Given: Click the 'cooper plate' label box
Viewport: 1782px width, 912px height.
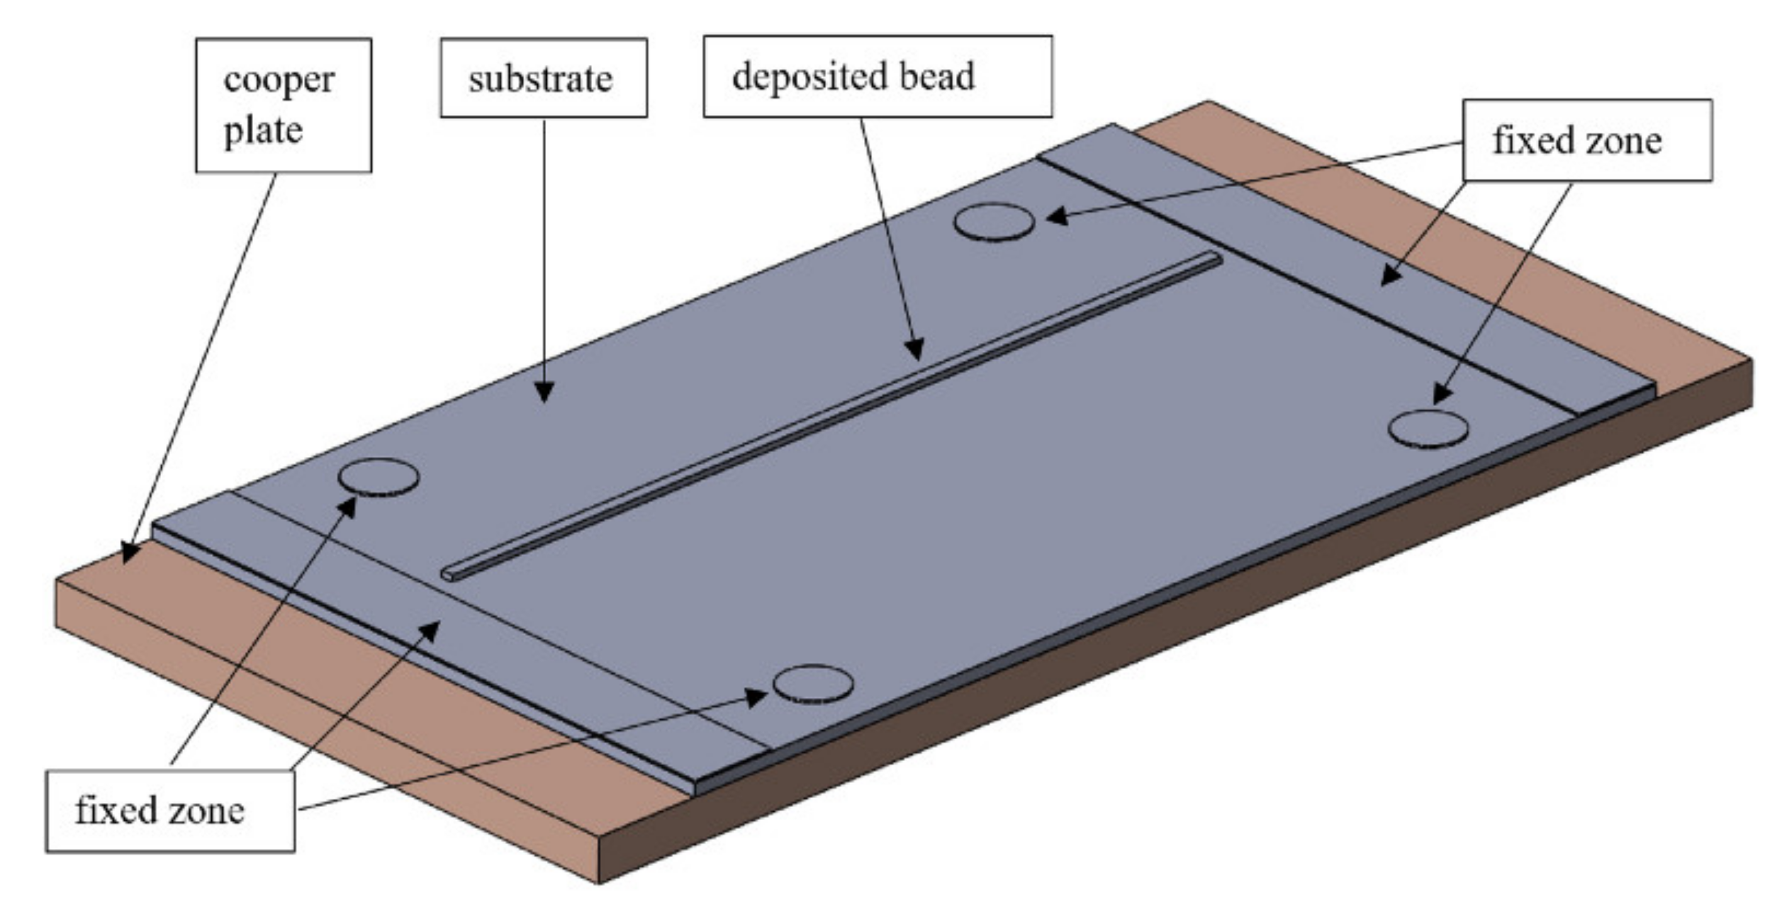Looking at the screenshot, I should (x=283, y=105).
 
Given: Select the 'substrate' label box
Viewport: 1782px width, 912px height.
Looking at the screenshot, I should (x=543, y=77).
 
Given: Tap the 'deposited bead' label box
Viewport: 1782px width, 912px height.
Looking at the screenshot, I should (x=877, y=76).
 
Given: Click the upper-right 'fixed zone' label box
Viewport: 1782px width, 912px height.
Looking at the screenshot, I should (x=1587, y=140).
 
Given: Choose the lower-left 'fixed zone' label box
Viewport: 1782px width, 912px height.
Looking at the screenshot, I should (x=170, y=811).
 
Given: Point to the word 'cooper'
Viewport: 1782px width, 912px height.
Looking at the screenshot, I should (x=279, y=81).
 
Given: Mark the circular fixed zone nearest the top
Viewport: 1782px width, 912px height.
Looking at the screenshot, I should (x=994, y=222).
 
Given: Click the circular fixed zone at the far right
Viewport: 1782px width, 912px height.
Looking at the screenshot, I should (x=1428, y=429).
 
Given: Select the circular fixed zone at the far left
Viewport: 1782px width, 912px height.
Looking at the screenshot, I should (x=378, y=476).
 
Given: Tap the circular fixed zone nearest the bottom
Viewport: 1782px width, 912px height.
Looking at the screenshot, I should (x=813, y=684).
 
